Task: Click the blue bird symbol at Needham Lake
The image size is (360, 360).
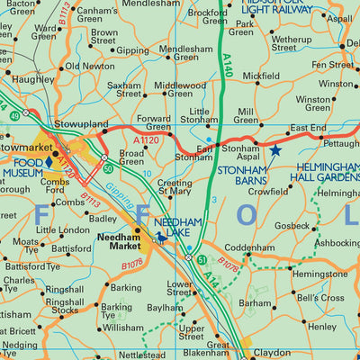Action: (x=162, y=237)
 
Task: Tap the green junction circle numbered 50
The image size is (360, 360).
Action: (x=107, y=167)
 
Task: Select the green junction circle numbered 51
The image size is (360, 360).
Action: (x=202, y=259)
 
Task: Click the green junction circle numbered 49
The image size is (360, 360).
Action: (x=27, y=114)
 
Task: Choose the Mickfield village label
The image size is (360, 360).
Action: (x=260, y=76)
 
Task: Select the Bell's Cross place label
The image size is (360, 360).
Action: (x=320, y=298)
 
